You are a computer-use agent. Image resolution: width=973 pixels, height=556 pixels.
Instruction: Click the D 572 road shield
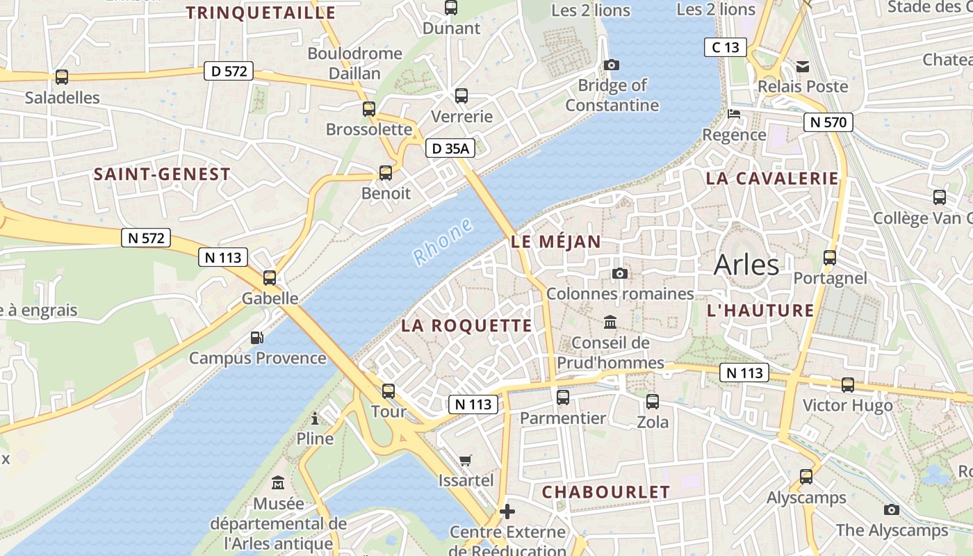pyautogui.click(x=228, y=71)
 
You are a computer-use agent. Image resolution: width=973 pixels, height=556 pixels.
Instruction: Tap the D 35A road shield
pyautogui.click(x=450, y=148)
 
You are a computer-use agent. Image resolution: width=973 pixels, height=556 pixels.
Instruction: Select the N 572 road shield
pyautogui.click(x=146, y=238)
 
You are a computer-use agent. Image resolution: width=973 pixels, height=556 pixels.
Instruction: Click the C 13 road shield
pyautogui.click(x=725, y=47)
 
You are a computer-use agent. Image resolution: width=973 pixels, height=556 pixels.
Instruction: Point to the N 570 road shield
pyautogui.click(x=828, y=123)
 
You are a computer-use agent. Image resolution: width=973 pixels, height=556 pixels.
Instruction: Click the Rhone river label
pyautogui.click(x=443, y=243)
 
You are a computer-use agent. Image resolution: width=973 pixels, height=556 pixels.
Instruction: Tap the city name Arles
pyautogui.click(x=746, y=265)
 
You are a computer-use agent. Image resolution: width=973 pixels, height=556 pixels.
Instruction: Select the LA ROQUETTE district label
pyautogui.click(x=467, y=326)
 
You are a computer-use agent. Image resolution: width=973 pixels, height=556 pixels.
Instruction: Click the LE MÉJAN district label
pyautogui.click(x=556, y=242)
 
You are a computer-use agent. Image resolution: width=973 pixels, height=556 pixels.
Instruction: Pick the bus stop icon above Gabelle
pyautogui.click(x=270, y=278)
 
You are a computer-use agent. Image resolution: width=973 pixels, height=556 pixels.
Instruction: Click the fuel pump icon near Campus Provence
pyautogui.click(x=257, y=338)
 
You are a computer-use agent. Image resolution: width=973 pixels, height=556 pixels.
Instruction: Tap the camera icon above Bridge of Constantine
pyautogui.click(x=612, y=65)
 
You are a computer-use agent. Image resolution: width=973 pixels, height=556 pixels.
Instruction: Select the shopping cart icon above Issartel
pyautogui.click(x=466, y=460)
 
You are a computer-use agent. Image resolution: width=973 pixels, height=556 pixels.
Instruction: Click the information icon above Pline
pyautogui.click(x=315, y=418)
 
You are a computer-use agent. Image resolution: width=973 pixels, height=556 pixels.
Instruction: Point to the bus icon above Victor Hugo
pyautogui.click(x=848, y=384)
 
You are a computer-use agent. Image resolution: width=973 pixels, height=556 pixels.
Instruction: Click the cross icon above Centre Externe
pyautogui.click(x=507, y=512)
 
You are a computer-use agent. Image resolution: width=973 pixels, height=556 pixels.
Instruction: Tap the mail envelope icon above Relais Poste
pyautogui.click(x=803, y=67)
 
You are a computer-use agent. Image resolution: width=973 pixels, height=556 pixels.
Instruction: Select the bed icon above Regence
pyautogui.click(x=734, y=114)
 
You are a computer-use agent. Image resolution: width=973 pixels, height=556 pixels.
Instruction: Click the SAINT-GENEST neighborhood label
pyautogui.click(x=162, y=174)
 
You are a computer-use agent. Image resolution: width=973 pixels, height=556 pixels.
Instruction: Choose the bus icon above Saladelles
pyautogui.click(x=62, y=77)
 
